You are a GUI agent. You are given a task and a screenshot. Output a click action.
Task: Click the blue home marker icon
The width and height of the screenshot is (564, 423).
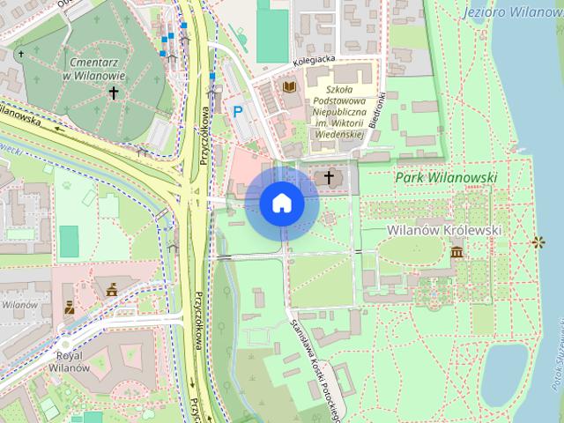[282, 204]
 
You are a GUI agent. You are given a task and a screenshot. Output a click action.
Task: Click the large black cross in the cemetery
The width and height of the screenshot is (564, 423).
[113, 91]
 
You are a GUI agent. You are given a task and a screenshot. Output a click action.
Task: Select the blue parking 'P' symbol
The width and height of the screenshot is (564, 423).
[237, 111]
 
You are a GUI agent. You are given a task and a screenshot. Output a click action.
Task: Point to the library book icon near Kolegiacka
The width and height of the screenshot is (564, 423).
[288, 87]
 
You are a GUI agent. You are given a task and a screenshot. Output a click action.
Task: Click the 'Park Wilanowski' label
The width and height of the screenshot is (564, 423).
[446, 178]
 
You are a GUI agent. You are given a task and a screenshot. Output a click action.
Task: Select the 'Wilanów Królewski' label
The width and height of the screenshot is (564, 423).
[444, 230]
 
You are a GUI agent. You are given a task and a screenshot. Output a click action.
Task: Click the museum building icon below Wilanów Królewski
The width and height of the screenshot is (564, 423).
[456, 253]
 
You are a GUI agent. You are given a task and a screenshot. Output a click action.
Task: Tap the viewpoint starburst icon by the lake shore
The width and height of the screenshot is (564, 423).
[538, 241]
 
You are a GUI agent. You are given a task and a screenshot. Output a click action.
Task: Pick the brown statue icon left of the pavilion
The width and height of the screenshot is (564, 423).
[70, 308]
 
